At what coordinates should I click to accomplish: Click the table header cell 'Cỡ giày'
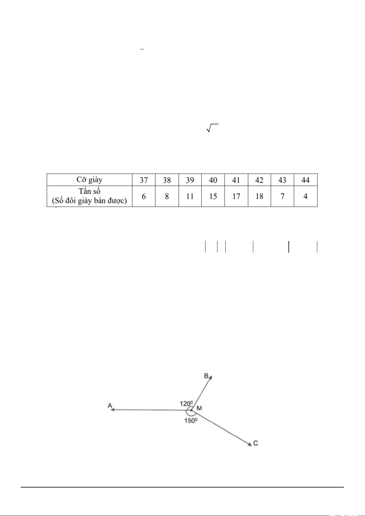(x=89, y=180)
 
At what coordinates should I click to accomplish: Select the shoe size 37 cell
(x=144, y=180)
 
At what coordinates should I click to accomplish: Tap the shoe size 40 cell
(x=213, y=180)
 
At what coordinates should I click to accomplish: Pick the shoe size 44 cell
(x=306, y=180)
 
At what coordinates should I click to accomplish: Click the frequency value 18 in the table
(x=259, y=196)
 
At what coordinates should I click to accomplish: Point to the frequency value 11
(x=190, y=196)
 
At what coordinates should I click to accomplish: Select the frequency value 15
(x=213, y=196)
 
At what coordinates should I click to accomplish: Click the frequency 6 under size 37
(x=144, y=196)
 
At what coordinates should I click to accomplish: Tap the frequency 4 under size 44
(x=306, y=196)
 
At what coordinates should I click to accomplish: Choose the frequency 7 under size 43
(x=282, y=196)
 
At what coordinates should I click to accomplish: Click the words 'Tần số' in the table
(x=89, y=191)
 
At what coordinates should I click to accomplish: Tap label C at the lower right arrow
(x=256, y=443)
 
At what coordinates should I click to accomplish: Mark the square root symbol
(x=212, y=128)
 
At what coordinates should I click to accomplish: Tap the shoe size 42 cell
(x=259, y=180)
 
